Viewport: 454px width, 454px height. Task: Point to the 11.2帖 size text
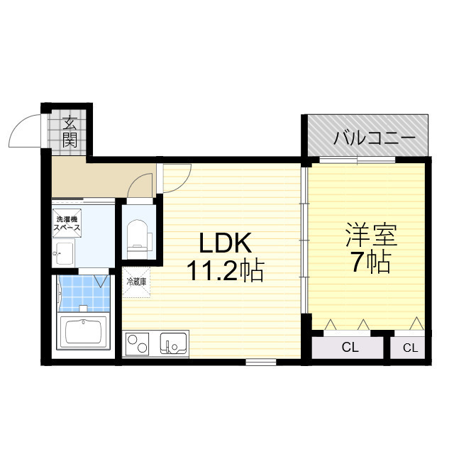coord(225,270)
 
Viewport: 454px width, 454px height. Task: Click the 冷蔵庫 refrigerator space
coord(136,281)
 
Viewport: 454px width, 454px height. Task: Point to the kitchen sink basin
coord(173,344)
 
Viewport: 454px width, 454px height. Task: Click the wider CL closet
coord(350,348)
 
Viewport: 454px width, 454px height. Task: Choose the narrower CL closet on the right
coord(410,348)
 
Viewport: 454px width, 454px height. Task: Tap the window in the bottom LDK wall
coord(261,362)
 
